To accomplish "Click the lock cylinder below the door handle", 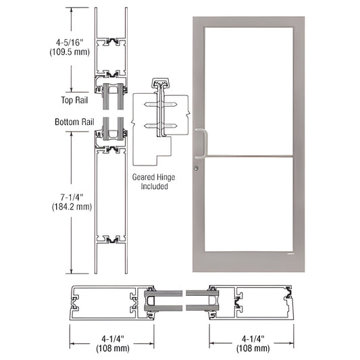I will pos(197,168).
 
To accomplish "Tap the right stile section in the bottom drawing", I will pos(253,301).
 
